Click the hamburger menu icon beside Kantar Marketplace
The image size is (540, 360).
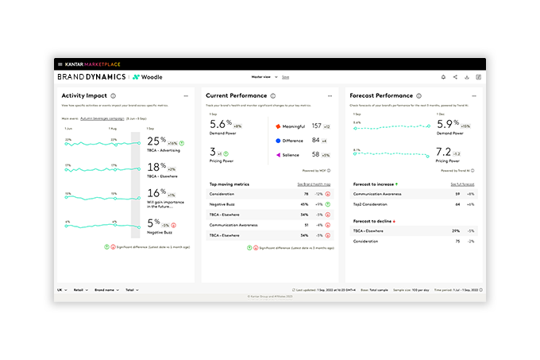point(60,64)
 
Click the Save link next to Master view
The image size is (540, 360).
point(285,77)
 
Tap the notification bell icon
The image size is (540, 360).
point(443,77)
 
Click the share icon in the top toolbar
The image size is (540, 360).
point(455,77)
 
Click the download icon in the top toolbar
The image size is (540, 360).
point(467,77)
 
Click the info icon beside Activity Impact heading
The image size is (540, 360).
point(114,95)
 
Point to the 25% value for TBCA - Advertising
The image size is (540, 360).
point(156,141)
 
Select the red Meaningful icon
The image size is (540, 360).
point(278,126)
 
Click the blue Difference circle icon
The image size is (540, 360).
point(278,141)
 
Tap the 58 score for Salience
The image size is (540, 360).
point(315,155)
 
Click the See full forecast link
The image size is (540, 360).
point(464,184)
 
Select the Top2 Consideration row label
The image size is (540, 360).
point(371,204)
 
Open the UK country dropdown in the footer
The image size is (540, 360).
point(61,290)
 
